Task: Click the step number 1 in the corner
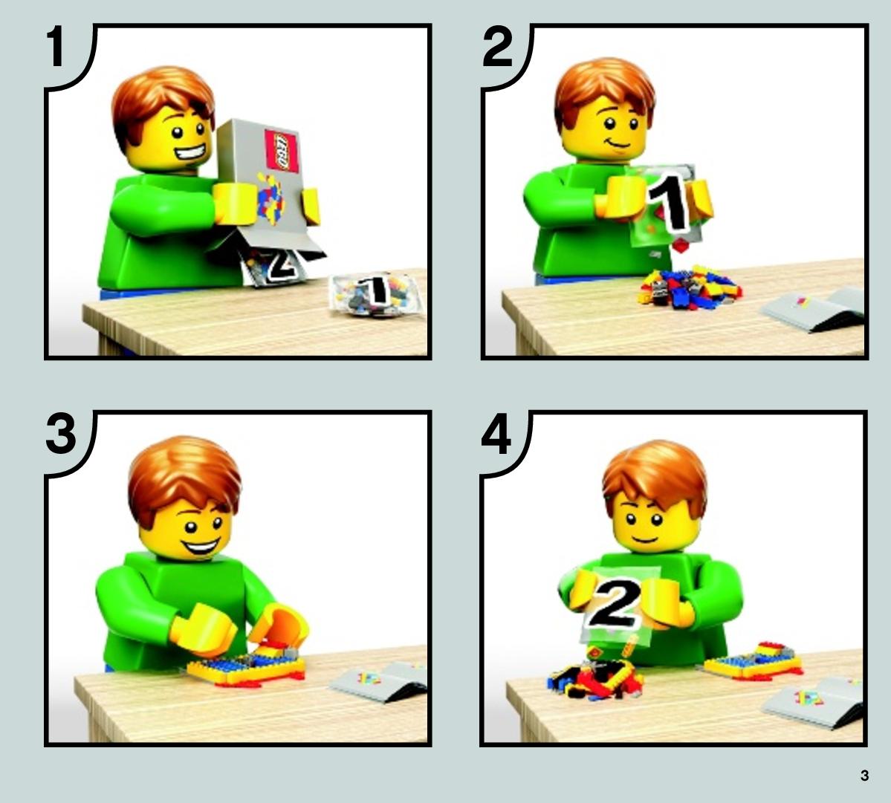pyautogui.click(x=56, y=48)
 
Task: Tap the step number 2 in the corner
pyautogui.click(x=497, y=47)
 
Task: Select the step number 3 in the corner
pyautogui.click(x=61, y=433)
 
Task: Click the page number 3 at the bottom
pyautogui.click(x=864, y=776)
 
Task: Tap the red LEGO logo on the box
pyautogui.click(x=282, y=151)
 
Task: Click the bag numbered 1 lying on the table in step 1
pyautogui.click(x=376, y=293)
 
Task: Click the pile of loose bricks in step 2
pyautogui.click(x=690, y=288)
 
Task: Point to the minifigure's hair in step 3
pyautogui.click(x=184, y=477)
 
